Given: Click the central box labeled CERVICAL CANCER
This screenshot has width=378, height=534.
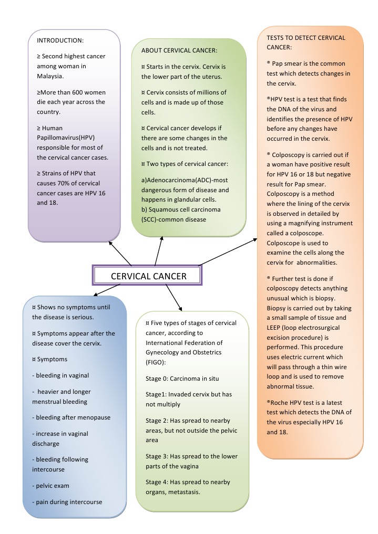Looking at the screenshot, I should tap(148, 276).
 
